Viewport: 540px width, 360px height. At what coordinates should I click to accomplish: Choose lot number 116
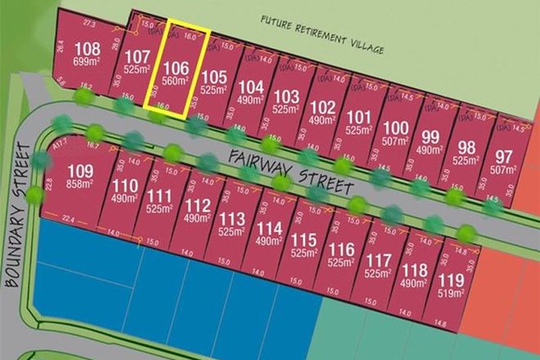(340, 250)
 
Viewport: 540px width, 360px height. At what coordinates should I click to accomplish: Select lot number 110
(124, 184)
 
